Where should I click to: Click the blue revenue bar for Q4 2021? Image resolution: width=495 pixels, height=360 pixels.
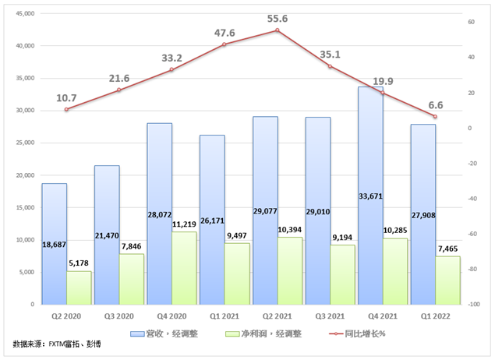point(370,156)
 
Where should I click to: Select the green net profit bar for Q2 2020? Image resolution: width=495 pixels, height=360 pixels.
point(79,288)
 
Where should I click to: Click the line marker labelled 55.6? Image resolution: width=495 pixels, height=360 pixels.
point(277,30)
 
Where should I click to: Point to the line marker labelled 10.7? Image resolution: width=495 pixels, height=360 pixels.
point(66,110)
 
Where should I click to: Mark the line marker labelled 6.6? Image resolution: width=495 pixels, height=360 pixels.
point(435,117)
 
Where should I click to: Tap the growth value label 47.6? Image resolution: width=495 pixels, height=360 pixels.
point(224,33)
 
